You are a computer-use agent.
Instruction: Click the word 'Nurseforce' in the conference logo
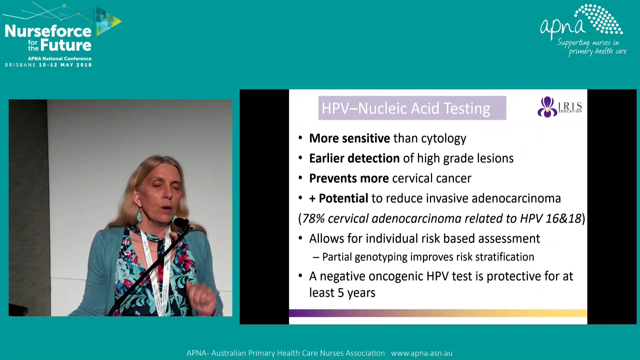48,31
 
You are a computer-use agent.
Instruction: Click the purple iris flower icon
547,107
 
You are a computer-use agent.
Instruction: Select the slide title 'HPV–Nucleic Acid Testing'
406,108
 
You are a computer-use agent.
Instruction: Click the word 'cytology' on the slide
443,139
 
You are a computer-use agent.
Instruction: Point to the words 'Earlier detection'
354,158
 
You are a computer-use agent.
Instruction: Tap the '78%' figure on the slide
313,219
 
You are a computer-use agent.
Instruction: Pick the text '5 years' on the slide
356,293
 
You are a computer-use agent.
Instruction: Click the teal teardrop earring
139,216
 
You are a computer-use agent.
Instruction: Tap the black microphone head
181,222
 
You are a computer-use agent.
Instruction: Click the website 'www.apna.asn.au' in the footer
421,353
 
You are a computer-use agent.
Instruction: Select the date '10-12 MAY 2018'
65,65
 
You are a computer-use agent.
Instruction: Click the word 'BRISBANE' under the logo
20,65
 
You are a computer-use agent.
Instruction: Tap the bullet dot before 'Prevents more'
300,178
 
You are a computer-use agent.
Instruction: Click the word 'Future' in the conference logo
66,45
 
